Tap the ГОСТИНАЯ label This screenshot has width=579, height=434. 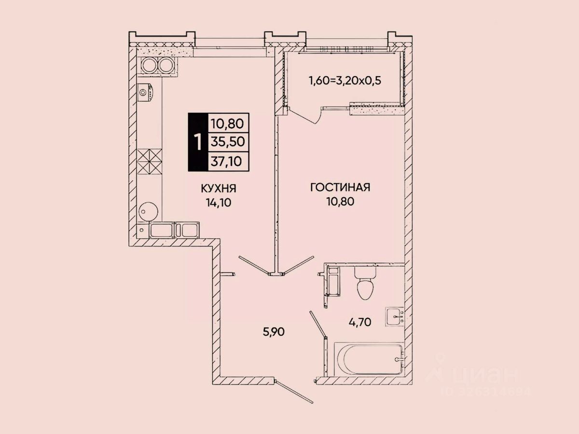point(340,187)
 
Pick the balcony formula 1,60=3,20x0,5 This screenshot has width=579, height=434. point(345,80)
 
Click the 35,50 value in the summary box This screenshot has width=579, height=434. point(228,141)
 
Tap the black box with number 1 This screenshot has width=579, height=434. point(197,142)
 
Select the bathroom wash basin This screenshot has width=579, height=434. point(395,317)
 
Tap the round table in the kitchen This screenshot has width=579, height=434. point(148,210)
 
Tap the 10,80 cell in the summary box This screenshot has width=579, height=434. point(228,123)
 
